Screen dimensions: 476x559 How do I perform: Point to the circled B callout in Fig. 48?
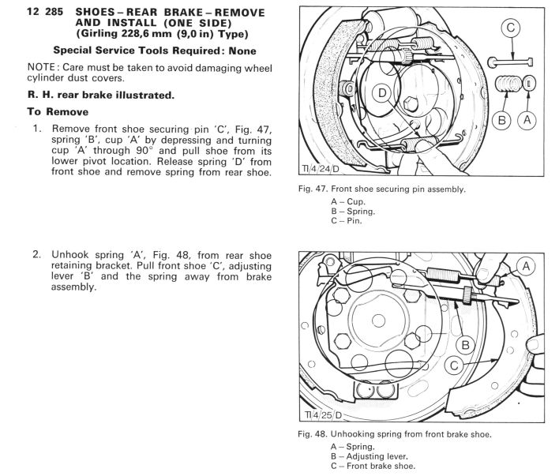[x=465, y=344]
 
